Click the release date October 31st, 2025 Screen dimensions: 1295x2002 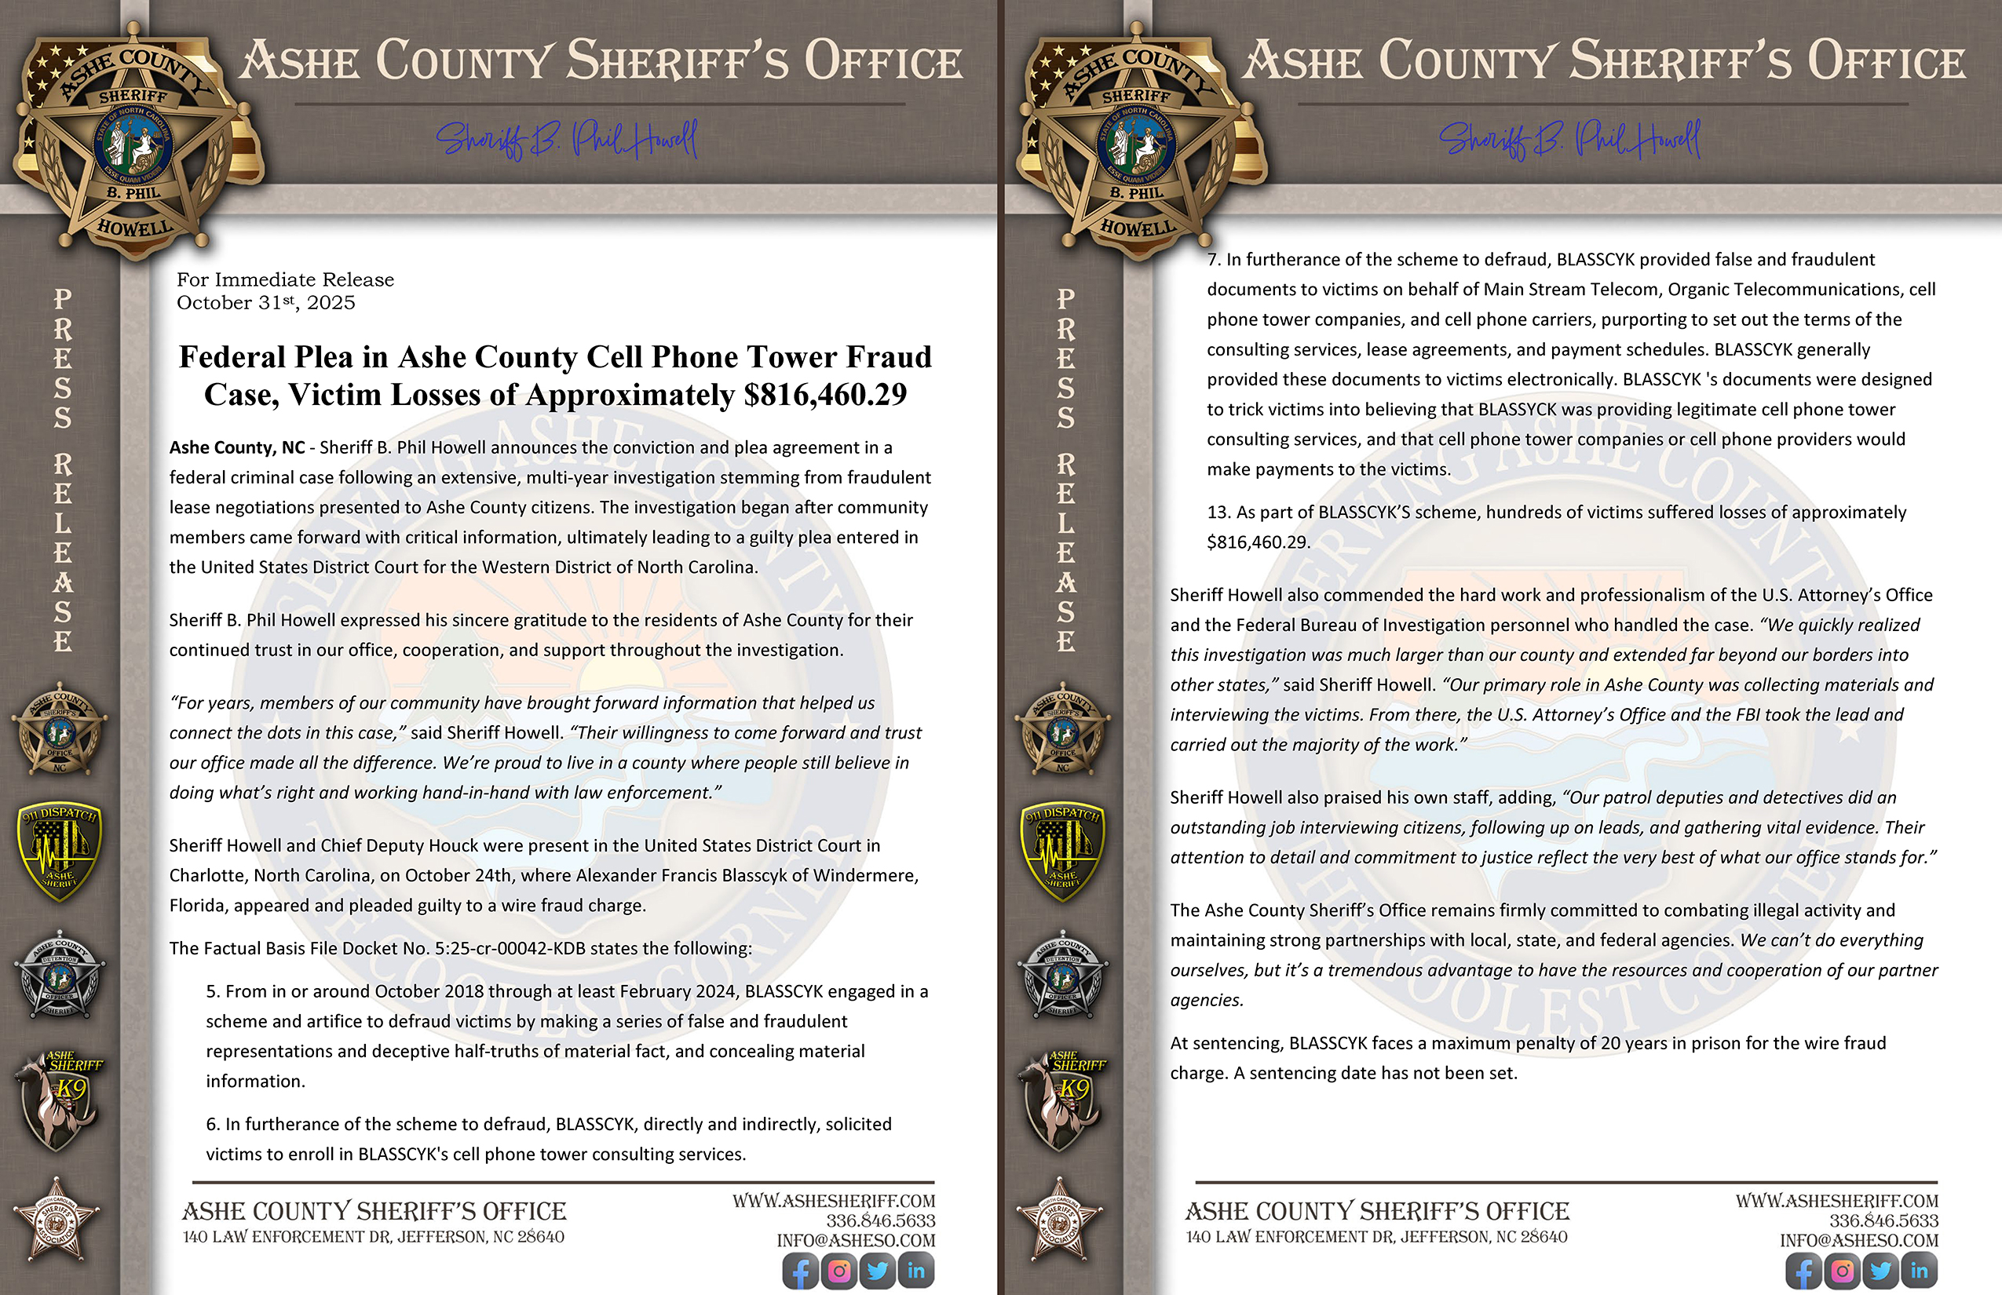click(x=266, y=303)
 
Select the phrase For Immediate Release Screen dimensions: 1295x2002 click(x=285, y=279)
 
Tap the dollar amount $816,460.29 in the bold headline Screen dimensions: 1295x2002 click(x=824, y=394)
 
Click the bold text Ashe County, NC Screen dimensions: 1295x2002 click(x=236, y=447)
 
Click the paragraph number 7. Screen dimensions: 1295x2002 click(x=1213, y=259)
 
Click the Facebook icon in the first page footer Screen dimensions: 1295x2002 click(x=800, y=1271)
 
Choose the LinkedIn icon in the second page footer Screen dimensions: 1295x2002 click(x=1919, y=1271)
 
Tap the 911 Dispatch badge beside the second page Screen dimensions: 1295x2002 click(x=1064, y=851)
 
